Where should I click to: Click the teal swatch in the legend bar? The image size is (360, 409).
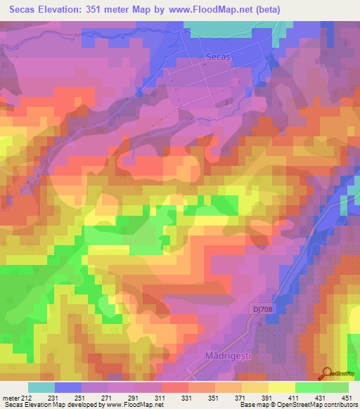click(x=41, y=387)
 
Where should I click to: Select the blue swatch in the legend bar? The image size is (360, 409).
click(x=68, y=387)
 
